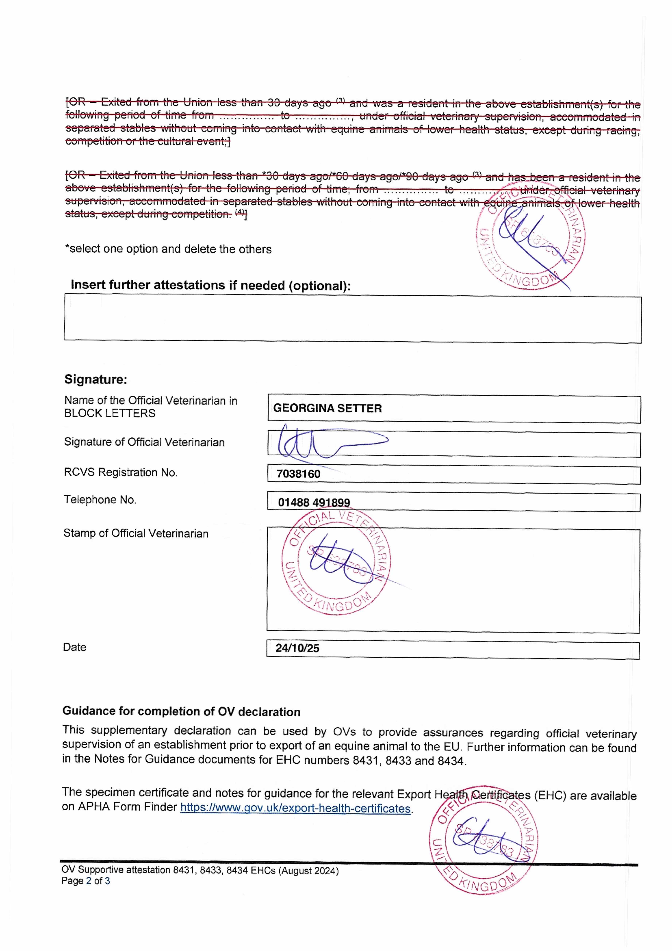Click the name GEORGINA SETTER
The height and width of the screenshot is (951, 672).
(327, 408)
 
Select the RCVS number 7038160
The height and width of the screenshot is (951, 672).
(298, 474)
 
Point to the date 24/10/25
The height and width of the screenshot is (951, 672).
(297, 648)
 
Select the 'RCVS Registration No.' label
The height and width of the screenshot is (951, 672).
(121, 473)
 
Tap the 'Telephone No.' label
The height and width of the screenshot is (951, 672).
(100, 500)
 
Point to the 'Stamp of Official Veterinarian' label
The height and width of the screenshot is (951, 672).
(136, 534)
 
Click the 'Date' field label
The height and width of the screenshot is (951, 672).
(75, 647)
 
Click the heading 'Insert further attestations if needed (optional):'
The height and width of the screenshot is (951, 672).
(211, 285)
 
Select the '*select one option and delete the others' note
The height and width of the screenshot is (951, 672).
(168, 249)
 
